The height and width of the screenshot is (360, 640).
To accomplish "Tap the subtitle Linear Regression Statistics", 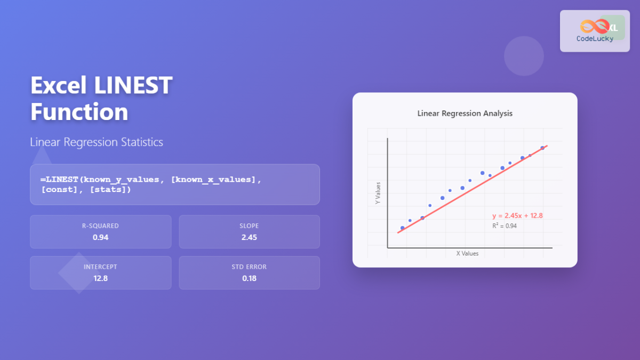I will (x=97, y=142).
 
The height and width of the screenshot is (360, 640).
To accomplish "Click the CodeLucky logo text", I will (x=595, y=39).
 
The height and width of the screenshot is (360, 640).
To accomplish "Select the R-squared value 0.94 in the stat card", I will (x=100, y=237).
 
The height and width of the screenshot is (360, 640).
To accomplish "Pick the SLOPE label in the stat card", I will (x=249, y=226).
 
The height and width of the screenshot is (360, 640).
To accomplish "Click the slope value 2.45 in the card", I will (x=249, y=237).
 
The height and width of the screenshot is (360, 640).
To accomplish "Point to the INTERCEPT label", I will (x=100, y=267).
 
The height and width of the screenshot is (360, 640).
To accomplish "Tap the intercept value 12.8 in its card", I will (x=100, y=278).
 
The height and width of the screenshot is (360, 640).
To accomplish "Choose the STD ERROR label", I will (x=249, y=267).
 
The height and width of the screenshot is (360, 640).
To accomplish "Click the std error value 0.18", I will (x=249, y=278).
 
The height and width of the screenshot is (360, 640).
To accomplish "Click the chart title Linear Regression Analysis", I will (x=465, y=114).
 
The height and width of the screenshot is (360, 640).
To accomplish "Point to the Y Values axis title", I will (x=378, y=194).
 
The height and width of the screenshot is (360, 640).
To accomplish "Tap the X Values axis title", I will (x=467, y=253).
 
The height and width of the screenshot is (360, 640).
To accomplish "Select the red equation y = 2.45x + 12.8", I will (x=517, y=216).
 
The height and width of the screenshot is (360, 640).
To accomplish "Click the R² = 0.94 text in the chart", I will (x=504, y=226).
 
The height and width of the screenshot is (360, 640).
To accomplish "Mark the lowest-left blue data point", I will (x=402, y=228).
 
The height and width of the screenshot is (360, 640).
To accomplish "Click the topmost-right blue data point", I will (x=542, y=148).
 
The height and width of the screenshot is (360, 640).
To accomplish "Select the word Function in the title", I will (x=79, y=112).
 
